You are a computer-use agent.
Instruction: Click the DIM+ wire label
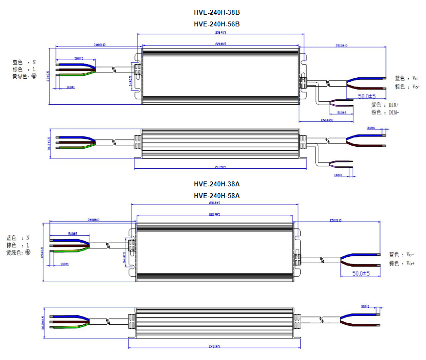coord(392,105)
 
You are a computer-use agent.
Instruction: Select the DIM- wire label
coord(392,112)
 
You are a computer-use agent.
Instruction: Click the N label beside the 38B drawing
coord(34,62)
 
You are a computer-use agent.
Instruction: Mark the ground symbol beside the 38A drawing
coord(28,252)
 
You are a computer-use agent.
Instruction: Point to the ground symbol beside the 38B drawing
coord(34,76)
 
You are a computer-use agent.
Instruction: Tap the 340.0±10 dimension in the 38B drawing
coord(99,45)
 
